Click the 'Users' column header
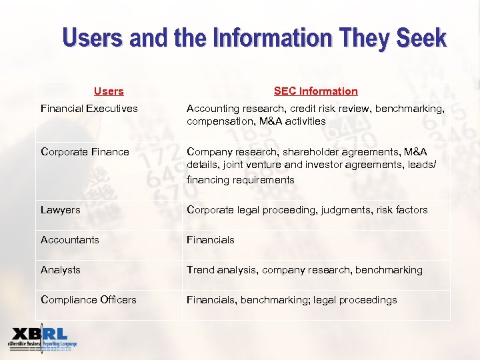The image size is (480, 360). (x=109, y=91)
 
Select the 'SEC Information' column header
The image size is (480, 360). (x=315, y=91)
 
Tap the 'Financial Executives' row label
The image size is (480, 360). (x=89, y=108)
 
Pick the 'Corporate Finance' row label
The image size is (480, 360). (x=85, y=151)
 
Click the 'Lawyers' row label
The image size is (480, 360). (x=61, y=209)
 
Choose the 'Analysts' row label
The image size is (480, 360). (x=61, y=269)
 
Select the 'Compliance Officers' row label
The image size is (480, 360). (x=89, y=299)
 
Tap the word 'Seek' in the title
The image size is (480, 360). (x=421, y=38)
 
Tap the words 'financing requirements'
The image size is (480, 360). (x=241, y=179)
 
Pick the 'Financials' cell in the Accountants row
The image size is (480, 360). (x=211, y=239)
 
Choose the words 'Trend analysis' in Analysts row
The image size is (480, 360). (x=221, y=269)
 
